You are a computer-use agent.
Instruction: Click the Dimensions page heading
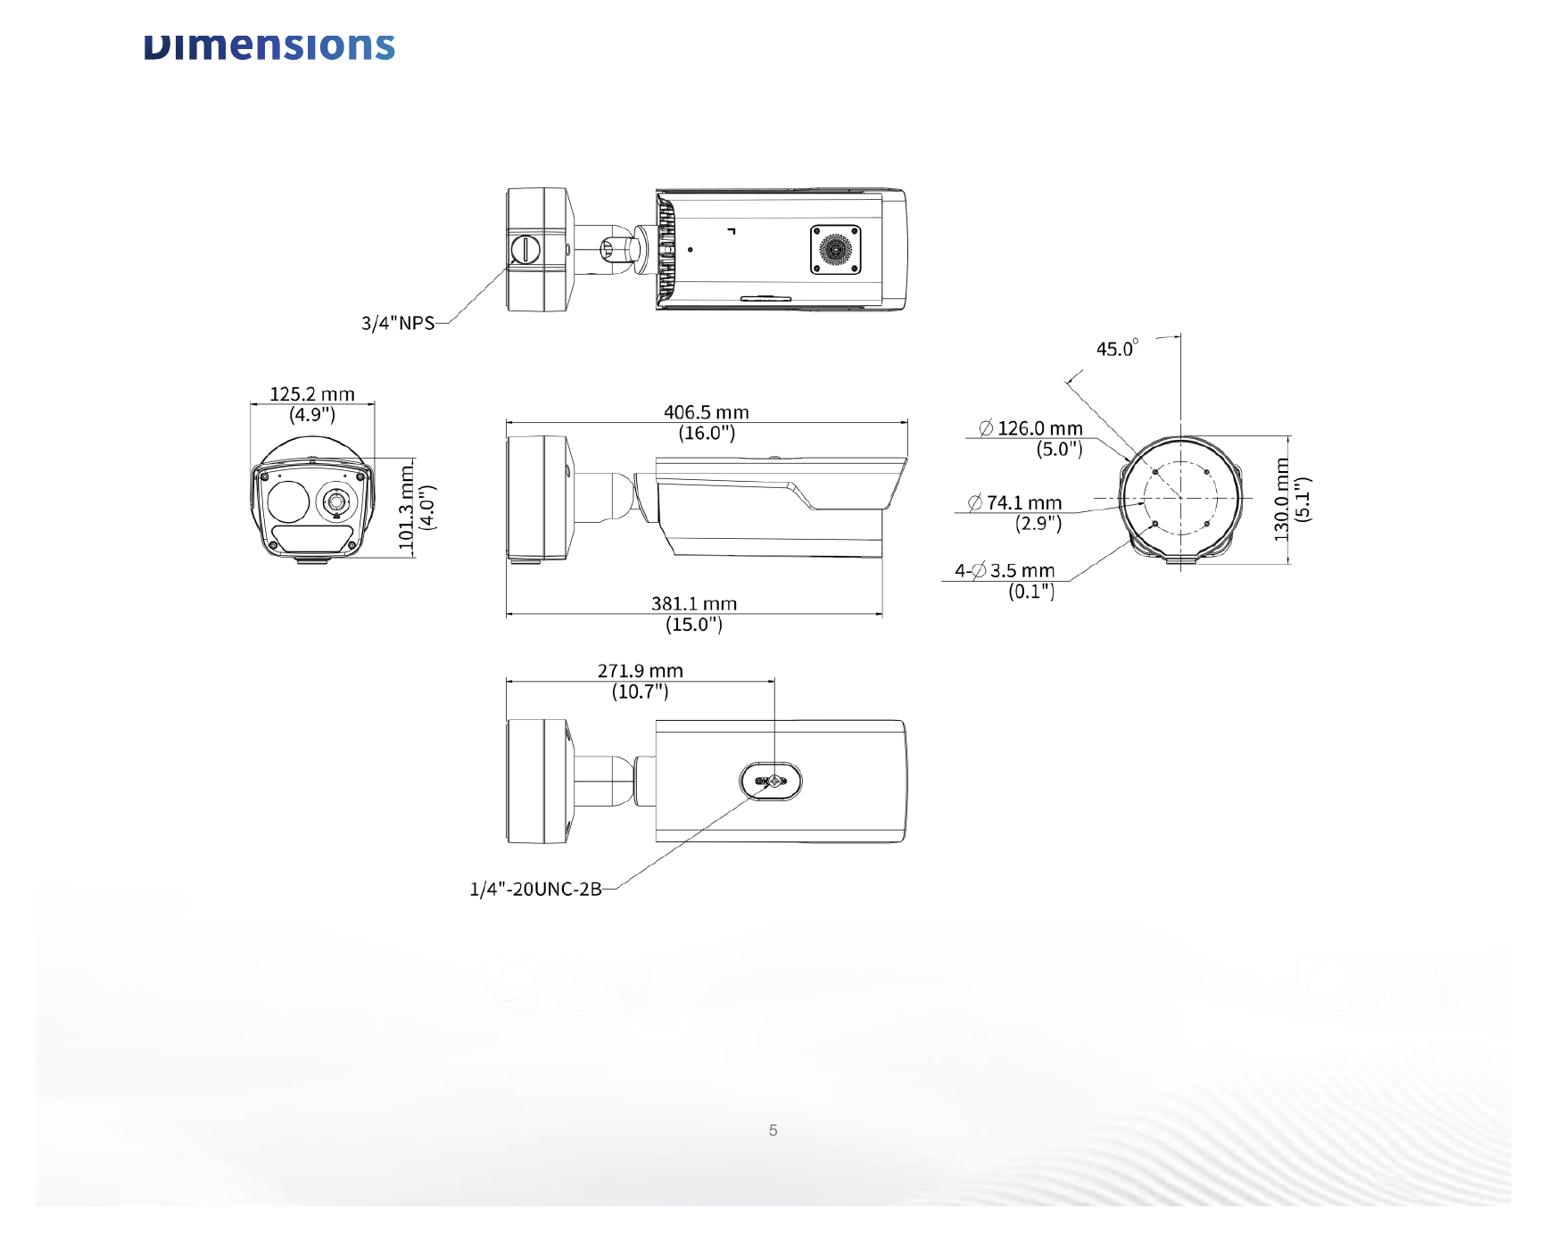(269, 46)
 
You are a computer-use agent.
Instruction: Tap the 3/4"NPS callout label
(398, 323)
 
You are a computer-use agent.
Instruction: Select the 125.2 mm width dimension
(312, 394)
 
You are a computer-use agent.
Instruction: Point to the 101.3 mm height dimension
(407, 507)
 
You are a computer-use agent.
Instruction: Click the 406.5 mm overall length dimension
(707, 412)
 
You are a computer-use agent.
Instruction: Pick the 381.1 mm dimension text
(694, 604)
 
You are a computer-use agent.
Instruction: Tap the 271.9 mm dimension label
(641, 671)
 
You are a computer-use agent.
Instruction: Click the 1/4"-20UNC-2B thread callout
(536, 890)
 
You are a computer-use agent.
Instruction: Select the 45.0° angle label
(1117, 348)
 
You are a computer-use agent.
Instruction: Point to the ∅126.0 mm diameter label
(1031, 428)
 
